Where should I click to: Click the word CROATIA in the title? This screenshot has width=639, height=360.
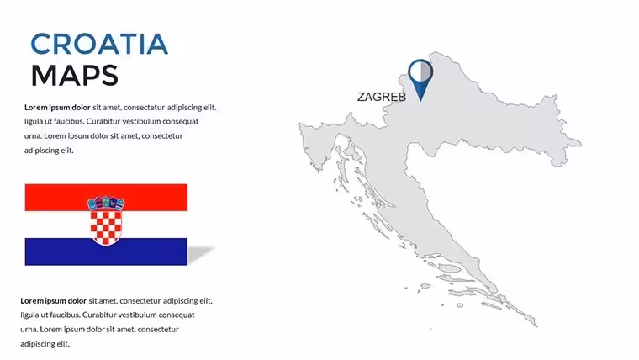click(x=99, y=44)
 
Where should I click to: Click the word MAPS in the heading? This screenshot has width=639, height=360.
click(x=75, y=76)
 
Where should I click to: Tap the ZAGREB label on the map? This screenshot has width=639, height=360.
click(x=382, y=97)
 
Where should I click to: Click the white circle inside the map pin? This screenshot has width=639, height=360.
click(x=420, y=72)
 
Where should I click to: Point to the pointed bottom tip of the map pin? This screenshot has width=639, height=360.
click(x=420, y=101)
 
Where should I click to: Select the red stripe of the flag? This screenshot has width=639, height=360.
click(x=106, y=198)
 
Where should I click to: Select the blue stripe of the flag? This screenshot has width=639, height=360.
click(x=106, y=251)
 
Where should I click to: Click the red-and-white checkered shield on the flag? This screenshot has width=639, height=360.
click(x=106, y=227)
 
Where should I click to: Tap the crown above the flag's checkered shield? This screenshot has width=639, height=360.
click(x=106, y=203)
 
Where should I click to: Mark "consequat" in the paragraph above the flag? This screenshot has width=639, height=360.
click(x=181, y=121)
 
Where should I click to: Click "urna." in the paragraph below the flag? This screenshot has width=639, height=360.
click(x=29, y=330)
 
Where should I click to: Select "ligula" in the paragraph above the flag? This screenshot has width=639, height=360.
click(x=34, y=122)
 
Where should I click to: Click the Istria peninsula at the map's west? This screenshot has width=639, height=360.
click(x=316, y=143)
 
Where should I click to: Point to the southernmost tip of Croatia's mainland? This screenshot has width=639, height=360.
click(x=536, y=326)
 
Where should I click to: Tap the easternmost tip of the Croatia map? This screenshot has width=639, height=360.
click(x=580, y=143)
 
